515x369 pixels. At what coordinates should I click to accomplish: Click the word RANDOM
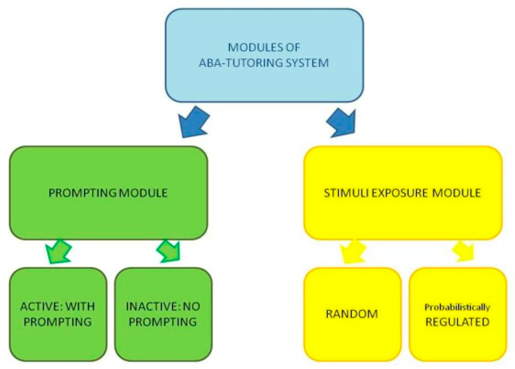coord(352,314)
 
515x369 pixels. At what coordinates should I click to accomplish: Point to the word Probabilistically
coord(457,307)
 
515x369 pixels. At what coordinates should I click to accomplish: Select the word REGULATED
coord(457,322)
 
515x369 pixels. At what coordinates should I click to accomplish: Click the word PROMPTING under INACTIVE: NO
coord(163,322)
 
